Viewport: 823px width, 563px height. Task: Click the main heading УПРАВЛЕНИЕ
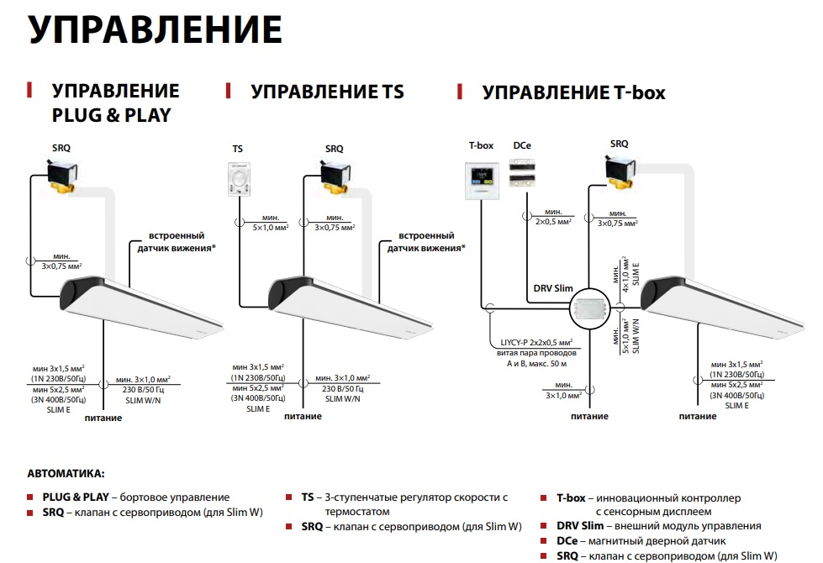pyautogui.click(x=156, y=29)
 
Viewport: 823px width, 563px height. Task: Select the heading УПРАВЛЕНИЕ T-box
pyautogui.click(x=573, y=92)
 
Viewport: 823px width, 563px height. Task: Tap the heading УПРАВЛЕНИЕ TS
pyautogui.click(x=327, y=92)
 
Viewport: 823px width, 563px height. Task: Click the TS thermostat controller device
pyautogui.click(x=238, y=180)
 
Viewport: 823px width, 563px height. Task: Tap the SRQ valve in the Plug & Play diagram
pyautogui.click(x=65, y=177)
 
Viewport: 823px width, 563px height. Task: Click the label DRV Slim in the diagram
pyautogui.click(x=552, y=288)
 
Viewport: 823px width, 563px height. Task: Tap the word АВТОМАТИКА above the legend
pyautogui.click(x=66, y=475)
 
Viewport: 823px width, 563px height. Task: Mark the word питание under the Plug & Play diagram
pyautogui.click(x=103, y=418)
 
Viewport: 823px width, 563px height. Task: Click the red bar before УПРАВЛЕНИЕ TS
pyautogui.click(x=227, y=90)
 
